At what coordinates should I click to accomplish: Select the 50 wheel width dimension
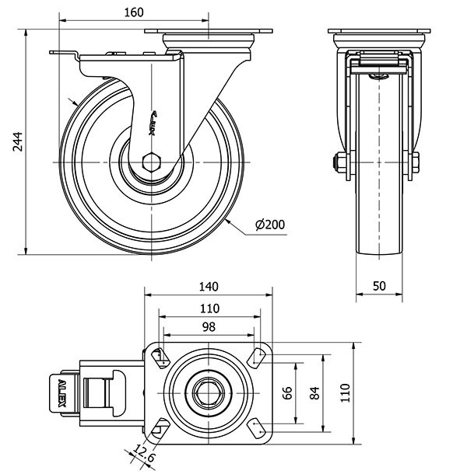coord(380,286)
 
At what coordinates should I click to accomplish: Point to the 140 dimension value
coord(209,285)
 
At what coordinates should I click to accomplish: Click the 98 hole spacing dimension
coord(209,327)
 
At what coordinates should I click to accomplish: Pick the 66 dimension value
coord(287,393)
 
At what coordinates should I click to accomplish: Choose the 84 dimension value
coord(315,393)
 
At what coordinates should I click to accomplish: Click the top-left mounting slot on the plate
coord(162,357)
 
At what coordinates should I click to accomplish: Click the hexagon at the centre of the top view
coord(209,392)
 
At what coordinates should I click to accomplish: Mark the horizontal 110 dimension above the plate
coord(209,307)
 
